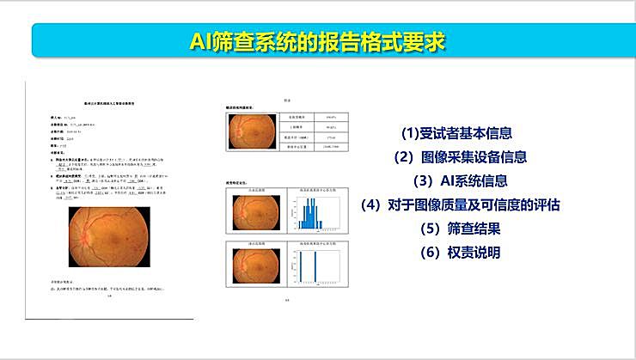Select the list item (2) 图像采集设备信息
point(460,157)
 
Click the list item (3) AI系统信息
point(460,181)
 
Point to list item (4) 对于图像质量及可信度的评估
point(460,205)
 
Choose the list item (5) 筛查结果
point(460,229)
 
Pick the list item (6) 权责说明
point(460,253)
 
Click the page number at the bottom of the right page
point(286,301)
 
